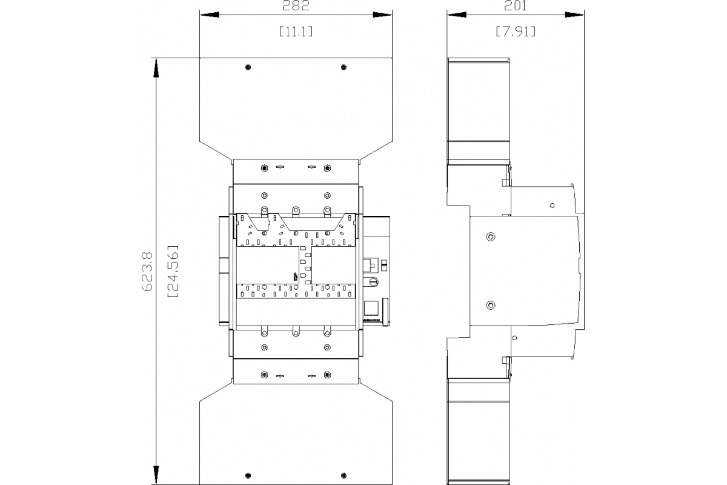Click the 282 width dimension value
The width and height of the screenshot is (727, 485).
[x=296, y=5]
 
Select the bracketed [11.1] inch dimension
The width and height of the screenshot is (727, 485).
[x=296, y=32]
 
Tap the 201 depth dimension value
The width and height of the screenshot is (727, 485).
[x=516, y=5]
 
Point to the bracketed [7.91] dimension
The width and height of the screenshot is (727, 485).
[x=516, y=32]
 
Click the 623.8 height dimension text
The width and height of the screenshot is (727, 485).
[x=147, y=272]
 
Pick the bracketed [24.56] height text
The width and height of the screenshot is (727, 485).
[x=173, y=271]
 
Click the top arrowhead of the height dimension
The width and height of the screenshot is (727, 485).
[x=156, y=68]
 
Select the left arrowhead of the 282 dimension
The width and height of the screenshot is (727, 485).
[x=210, y=15]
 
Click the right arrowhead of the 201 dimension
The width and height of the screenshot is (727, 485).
[x=574, y=15]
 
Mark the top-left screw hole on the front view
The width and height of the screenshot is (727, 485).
[x=248, y=67]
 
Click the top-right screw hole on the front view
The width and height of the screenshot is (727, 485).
[x=344, y=67]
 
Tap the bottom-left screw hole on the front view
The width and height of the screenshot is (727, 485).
[x=248, y=476]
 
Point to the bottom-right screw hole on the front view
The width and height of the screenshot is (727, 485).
[x=344, y=476]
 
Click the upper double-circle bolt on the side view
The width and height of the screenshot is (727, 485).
[x=491, y=237]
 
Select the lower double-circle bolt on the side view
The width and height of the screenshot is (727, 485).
[x=491, y=306]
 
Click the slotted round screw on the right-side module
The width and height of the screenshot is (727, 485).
[x=374, y=282]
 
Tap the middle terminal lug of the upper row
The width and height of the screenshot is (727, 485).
[x=296, y=211]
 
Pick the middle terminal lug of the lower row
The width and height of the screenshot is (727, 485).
[x=296, y=332]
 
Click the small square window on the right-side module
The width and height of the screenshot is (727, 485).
[x=371, y=308]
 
